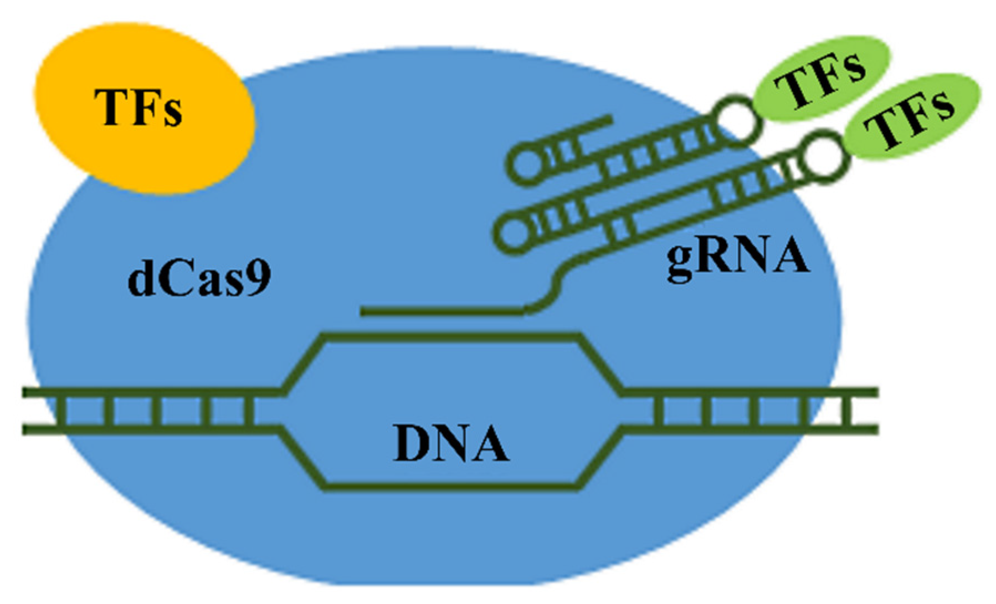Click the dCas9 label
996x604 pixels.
point(199,280)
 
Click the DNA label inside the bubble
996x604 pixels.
point(451,443)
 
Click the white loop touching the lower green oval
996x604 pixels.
point(825,158)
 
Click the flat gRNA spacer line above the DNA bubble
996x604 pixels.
point(443,312)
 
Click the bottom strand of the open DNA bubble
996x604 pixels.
point(451,487)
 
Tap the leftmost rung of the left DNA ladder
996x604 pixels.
point(60,411)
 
